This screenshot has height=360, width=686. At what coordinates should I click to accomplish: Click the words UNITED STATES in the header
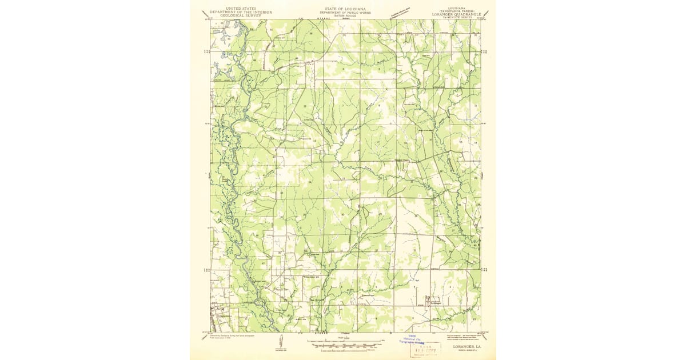click(x=240, y=9)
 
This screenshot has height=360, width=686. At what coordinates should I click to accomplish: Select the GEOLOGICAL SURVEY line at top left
click(x=240, y=15)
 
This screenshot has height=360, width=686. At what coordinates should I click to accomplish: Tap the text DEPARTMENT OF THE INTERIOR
click(x=240, y=12)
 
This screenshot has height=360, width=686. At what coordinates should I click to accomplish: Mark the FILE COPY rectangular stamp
click(x=425, y=348)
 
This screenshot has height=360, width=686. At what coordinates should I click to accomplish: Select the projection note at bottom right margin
click(x=459, y=334)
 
